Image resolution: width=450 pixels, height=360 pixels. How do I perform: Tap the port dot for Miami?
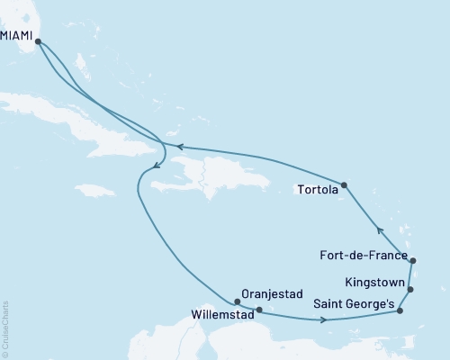pos(38,40)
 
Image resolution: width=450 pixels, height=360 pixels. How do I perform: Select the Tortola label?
pos(318,190)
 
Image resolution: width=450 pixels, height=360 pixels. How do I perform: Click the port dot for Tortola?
pos(345,185)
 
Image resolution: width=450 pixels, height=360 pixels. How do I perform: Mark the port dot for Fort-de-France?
pos(411,260)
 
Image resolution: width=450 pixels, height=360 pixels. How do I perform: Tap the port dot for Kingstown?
pos(410,290)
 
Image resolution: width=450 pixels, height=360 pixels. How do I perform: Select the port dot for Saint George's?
pos(400,311)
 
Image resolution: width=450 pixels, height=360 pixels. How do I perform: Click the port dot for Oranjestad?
pos(237,301)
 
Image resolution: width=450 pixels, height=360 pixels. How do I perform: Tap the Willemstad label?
pos(221,316)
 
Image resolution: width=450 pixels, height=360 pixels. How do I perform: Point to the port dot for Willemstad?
pos(258,311)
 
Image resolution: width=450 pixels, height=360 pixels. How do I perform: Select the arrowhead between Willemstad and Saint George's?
pos(322,319)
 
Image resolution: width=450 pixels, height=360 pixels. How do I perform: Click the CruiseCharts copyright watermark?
pos(5,328)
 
